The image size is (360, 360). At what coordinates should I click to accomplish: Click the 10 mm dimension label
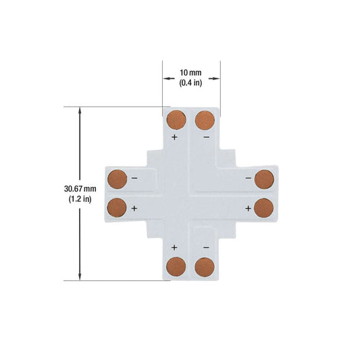tap(190, 73)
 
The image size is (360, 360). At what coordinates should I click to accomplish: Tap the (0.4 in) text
tap(190, 82)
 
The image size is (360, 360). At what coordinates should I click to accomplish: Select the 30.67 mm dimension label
tap(80, 189)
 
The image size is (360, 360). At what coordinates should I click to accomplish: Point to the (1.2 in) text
tap(80, 199)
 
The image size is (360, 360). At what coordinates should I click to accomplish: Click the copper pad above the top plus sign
tap(176, 120)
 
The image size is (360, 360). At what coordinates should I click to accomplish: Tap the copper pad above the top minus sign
tap(205, 120)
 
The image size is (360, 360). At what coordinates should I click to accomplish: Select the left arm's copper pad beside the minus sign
tap(118, 179)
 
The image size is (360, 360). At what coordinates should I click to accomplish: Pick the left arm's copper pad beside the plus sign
tap(117, 207)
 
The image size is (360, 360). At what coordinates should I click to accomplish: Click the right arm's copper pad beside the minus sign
tap(264, 179)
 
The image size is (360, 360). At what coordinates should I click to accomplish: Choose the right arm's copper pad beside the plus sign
tap(264, 208)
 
